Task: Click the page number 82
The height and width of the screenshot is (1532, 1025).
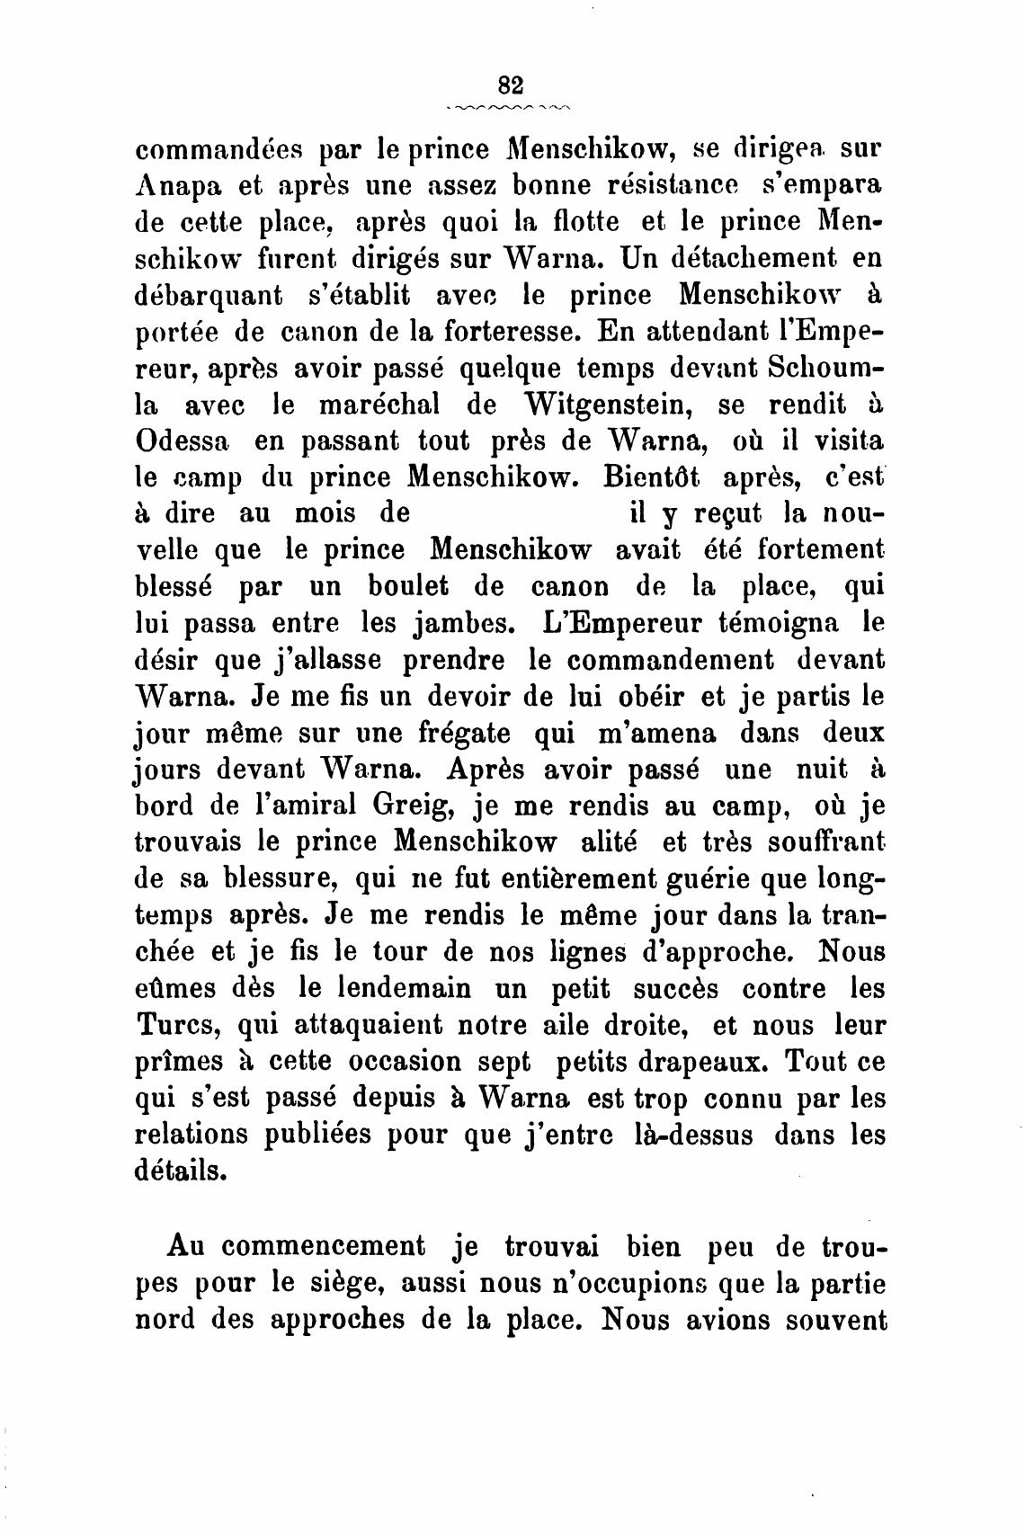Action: pos(509,85)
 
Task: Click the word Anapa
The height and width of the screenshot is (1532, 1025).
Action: pos(177,186)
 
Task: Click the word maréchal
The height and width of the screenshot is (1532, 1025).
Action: pos(379,405)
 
